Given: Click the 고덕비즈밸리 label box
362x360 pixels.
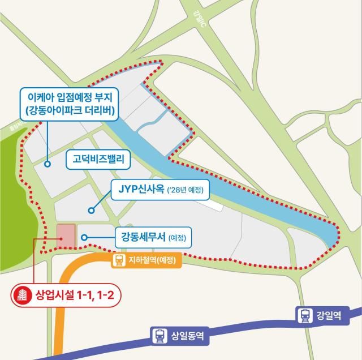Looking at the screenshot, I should click(98, 160).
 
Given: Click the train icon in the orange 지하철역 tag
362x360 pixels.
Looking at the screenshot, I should click(119, 260).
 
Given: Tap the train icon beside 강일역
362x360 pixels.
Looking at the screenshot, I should click(305, 315).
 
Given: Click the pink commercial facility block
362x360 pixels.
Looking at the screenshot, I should click(66, 236).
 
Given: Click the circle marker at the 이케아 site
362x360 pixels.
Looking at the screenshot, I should click(48, 165).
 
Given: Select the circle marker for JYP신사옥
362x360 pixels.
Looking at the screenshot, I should click(90, 211).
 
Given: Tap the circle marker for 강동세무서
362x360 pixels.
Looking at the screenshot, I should click(84, 238).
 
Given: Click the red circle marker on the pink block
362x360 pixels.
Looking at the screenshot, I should click(61, 238).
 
